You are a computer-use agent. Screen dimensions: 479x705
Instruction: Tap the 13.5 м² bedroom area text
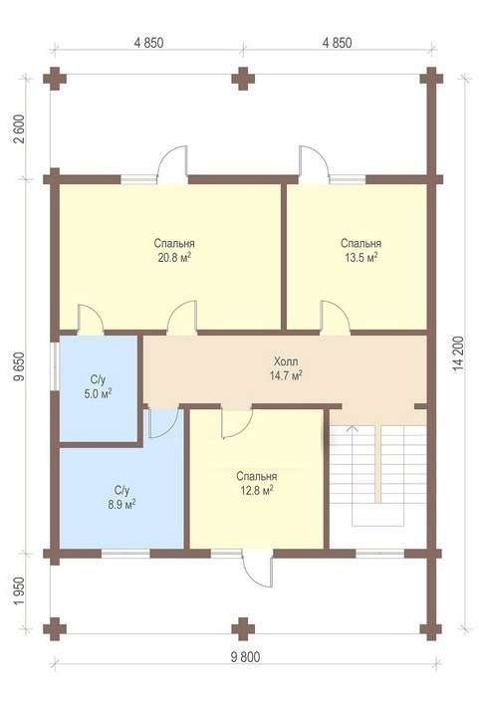point(360,258)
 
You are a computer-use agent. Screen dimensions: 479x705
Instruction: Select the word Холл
point(286,361)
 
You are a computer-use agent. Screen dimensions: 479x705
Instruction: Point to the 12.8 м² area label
point(256,491)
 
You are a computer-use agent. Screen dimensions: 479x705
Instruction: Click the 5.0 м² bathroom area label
point(98,394)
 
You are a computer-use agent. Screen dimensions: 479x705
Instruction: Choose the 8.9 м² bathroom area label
point(121,504)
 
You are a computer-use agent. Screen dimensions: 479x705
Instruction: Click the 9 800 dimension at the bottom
point(245,657)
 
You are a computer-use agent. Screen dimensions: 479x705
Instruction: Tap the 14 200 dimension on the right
point(459,352)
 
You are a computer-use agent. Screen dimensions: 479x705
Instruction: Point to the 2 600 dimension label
point(20,129)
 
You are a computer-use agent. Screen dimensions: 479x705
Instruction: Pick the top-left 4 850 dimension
point(148,43)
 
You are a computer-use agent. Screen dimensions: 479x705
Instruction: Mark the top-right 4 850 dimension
point(338,43)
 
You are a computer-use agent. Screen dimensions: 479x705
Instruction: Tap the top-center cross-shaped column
point(243,79)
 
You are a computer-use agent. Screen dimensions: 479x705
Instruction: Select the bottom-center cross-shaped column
point(243,628)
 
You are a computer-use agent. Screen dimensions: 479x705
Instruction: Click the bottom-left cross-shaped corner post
point(55,628)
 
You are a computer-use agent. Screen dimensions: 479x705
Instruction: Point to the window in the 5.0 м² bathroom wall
point(55,366)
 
